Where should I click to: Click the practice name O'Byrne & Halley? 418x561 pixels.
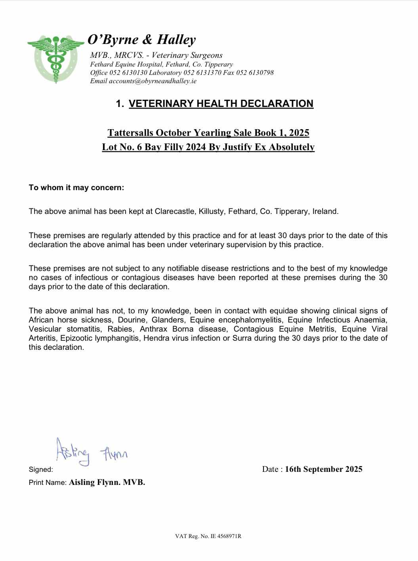click(141, 40)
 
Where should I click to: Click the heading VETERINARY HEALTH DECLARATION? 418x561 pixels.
click(221, 104)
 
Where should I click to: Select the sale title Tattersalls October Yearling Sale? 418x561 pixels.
click(181, 132)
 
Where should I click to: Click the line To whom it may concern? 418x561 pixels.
click(76, 188)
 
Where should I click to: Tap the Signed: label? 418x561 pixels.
click(41, 470)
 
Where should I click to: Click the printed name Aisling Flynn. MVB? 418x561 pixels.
click(107, 483)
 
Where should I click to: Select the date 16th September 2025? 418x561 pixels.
click(323, 469)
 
